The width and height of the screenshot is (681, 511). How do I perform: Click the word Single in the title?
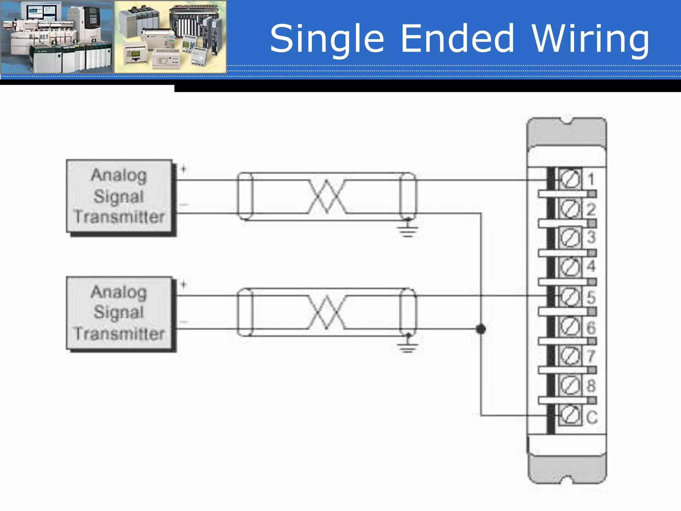(327, 39)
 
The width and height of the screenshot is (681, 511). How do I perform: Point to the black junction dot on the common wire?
(480, 329)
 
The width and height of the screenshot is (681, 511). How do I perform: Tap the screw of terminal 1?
(570, 180)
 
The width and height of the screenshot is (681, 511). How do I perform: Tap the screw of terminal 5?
(570, 297)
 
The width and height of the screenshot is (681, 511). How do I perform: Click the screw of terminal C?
(570, 416)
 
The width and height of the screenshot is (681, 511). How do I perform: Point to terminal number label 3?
(591, 237)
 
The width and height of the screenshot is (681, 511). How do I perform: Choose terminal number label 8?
(591, 386)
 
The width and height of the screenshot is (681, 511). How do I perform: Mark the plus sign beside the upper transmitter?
(184, 169)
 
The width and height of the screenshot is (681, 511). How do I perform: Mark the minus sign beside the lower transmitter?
(184, 322)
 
